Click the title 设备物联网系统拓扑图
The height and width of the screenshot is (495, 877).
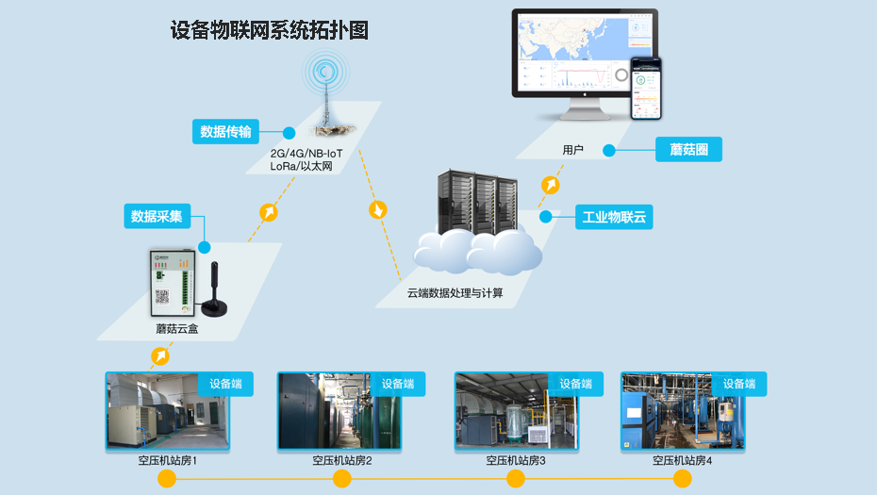pos(269,31)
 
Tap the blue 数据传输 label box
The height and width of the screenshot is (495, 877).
pos(225,131)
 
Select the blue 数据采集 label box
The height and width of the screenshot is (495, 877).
pos(157,216)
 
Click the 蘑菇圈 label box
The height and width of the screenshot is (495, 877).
pos(688,149)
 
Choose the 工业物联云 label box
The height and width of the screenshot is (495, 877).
pos(613,218)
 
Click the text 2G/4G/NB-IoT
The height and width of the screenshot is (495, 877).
pos(306,153)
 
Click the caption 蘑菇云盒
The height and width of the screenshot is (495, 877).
pos(177,329)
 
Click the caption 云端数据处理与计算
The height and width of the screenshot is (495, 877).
pos(455,293)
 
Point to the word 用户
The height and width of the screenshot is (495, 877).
pos(572,150)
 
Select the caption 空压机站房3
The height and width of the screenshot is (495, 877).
pos(516,460)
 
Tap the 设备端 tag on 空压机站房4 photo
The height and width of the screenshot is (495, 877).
pos(738,384)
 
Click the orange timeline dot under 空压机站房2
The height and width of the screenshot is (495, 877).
pos(342,479)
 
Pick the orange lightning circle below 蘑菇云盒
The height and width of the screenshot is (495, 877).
pos(161,355)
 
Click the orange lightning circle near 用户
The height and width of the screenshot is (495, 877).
pos(550,185)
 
